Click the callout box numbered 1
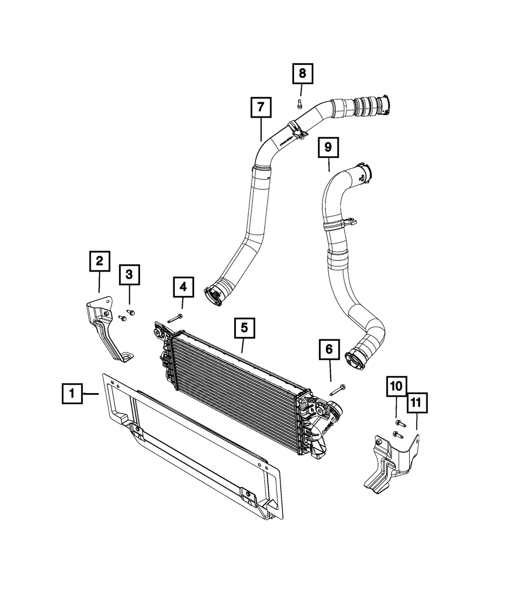coord(72,393)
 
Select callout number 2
coord(99,261)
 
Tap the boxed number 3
coord(129,275)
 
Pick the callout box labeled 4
coord(183,287)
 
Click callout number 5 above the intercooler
coord(244,328)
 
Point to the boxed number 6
coord(329,349)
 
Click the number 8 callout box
coord(302,74)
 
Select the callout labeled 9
coord(328,147)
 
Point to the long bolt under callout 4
coord(174,319)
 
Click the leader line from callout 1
coord(91,394)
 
